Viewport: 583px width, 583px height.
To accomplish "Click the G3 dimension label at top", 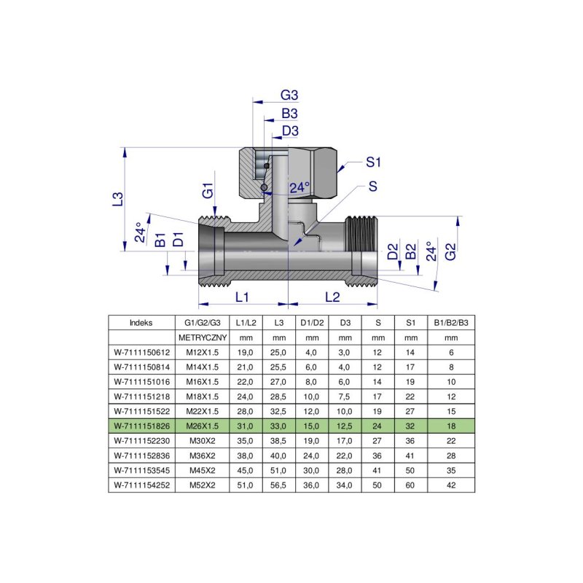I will (290, 95).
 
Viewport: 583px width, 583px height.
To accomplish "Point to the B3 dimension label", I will (290, 114).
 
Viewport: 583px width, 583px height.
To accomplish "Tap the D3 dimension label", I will (290, 130).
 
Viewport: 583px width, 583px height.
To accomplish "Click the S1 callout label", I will (374, 161).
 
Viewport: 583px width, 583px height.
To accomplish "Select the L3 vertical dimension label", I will (117, 198).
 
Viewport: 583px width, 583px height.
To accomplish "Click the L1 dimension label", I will (243, 297).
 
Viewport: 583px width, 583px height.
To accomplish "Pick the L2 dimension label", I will (332, 297).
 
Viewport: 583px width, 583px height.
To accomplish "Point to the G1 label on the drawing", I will (208, 192).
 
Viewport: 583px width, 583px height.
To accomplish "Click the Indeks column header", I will (141, 322).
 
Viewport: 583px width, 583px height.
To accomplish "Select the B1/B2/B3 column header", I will (451, 322).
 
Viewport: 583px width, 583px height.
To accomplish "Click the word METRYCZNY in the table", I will (203, 338).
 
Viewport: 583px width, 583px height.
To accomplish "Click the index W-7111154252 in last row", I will (141, 484).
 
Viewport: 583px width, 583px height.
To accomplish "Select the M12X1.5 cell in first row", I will (203, 353).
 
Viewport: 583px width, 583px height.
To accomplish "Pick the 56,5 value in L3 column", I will (278, 484).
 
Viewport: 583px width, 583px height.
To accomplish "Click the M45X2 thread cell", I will (203, 469).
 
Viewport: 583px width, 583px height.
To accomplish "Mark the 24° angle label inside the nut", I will (299, 187).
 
